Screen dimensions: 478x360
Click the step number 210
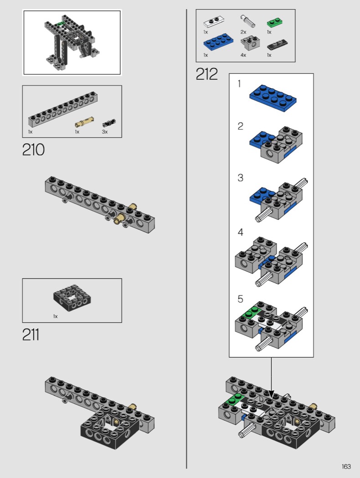click(x=33, y=150)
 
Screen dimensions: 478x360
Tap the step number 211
click(x=31, y=335)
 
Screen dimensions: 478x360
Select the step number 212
click(x=207, y=74)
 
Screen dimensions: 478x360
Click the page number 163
click(x=346, y=466)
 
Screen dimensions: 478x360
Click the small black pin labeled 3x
click(x=109, y=122)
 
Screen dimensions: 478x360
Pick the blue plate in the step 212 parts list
click(x=218, y=44)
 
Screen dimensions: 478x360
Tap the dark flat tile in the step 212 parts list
click(x=276, y=45)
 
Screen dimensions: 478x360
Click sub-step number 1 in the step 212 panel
click(x=239, y=84)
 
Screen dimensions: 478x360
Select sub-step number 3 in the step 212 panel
click(x=240, y=178)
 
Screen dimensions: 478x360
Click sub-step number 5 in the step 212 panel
click(x=240, y=299)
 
